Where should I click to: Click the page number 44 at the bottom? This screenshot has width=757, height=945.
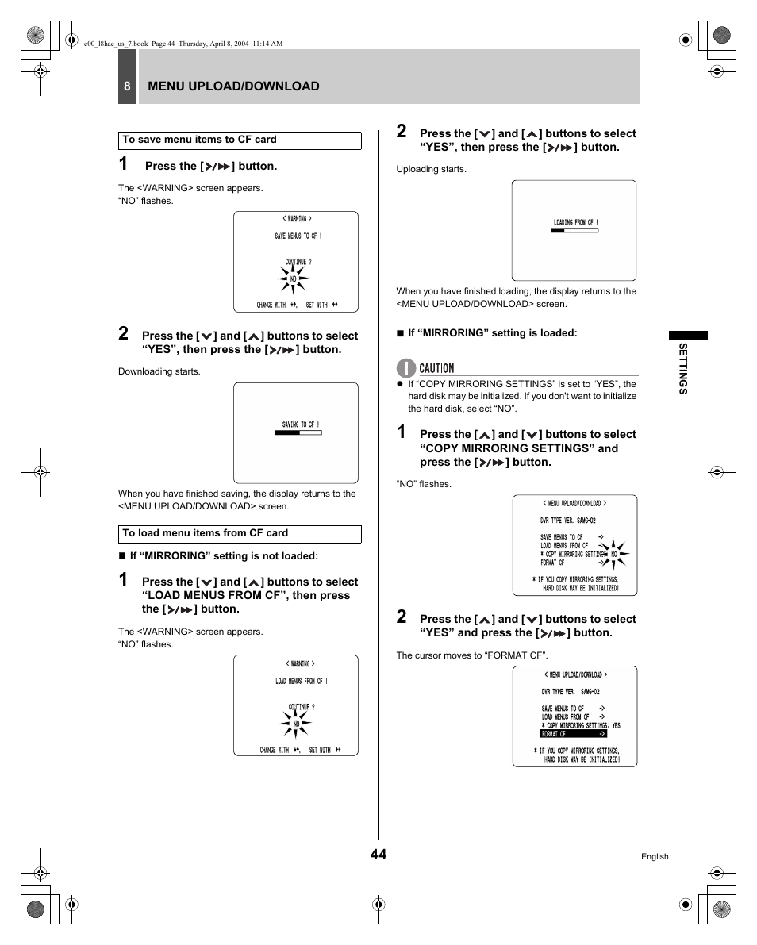pos(378,854)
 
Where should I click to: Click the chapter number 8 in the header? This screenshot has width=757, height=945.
pos(126,86)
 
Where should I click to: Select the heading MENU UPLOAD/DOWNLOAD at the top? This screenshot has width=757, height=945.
pos(233,86)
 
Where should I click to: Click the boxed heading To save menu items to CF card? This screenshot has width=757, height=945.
pos(240,140)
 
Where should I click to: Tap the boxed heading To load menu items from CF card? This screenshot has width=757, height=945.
pos(240,534)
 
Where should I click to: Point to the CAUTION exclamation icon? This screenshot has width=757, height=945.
pos(406,367)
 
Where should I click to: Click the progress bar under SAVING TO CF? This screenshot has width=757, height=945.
pos(298,433)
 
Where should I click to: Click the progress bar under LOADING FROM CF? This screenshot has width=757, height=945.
pos(574,231)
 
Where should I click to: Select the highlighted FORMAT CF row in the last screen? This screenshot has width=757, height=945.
pos(573,734)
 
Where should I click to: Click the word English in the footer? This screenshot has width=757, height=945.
pos(655,857)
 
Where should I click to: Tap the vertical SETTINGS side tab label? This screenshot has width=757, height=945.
pos(682,368)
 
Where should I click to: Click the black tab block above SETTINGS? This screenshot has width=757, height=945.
pos(687,335)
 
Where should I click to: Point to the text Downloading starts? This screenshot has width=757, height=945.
pos(159,371)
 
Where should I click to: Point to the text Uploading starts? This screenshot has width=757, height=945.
pos(432,169)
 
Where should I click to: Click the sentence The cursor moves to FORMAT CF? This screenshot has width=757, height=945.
pos(472,655)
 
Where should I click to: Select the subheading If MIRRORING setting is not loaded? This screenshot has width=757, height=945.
pos(223,556)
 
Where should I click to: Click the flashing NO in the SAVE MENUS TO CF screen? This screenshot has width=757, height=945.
pos(293,279)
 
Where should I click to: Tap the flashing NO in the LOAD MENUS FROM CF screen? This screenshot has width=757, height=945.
pos(296,724)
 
